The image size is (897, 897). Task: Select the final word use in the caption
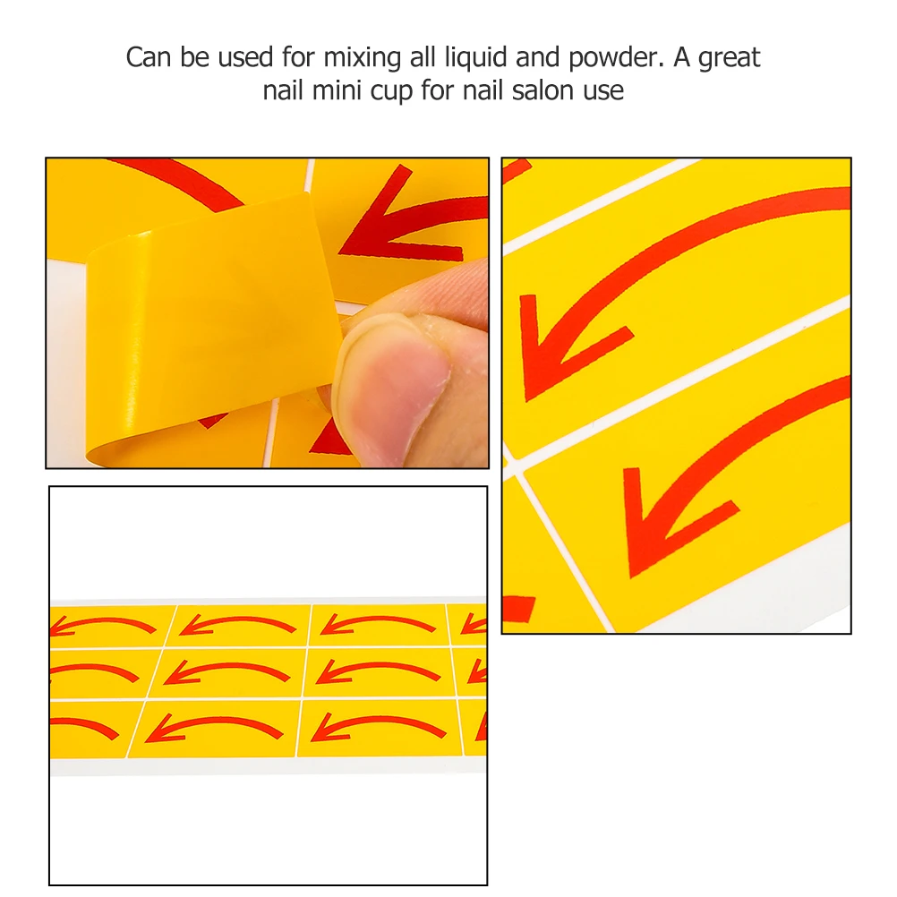603,91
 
